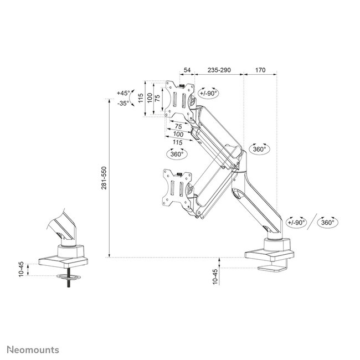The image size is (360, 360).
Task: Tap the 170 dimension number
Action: click(x=260, y=71)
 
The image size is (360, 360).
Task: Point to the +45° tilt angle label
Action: click(x=122, y=93)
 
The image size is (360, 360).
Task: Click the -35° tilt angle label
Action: click(x=122, y=102)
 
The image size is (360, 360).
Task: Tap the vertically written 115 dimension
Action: click(x=141, y=98)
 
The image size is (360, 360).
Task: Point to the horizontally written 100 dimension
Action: click(x=178, y=135)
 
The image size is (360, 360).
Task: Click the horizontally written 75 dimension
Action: click(x=178, y=126)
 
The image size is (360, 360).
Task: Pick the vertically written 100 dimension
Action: click(x=149, y=98)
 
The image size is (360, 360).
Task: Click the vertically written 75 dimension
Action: click(x=157, y=98)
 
